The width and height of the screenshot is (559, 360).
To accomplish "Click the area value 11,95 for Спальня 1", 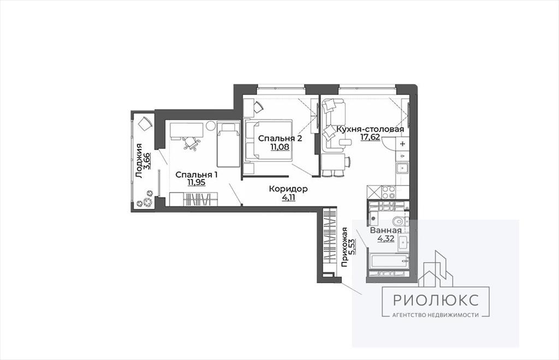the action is (197, 183).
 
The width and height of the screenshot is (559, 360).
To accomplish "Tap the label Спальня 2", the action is (280, 138).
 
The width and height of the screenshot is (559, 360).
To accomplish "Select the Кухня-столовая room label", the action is (370, 129).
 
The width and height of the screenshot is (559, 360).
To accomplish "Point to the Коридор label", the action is (288, 189).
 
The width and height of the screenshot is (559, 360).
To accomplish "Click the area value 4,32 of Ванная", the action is (386, 238).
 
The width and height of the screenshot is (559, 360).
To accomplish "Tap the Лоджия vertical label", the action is (139, 160).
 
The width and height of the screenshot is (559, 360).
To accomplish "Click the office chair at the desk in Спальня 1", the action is (191, 143).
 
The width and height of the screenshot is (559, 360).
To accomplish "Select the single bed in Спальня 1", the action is (228, 144).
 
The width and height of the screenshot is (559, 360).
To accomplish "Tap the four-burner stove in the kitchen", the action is (388, 193).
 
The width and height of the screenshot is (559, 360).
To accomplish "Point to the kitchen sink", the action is (402, 167).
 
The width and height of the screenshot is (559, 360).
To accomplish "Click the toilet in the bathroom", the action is (401, 221).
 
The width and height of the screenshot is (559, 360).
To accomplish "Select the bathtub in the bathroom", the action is (388, 262).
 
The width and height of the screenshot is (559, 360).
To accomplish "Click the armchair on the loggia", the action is (145, 124).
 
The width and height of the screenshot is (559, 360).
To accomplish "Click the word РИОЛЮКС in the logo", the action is (436, 300).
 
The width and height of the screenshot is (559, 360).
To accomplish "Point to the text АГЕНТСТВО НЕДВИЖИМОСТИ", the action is (436, 315).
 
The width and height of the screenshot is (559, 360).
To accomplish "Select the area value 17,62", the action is (370, 137).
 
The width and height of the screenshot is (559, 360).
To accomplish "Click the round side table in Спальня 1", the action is (210, 126).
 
